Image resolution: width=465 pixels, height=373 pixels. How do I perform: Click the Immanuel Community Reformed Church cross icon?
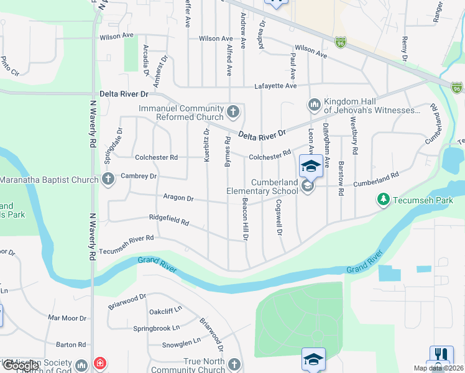[233, 112]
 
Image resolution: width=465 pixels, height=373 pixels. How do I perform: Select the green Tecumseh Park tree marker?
[384, 199]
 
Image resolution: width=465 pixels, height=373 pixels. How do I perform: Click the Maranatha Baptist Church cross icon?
[108, 180]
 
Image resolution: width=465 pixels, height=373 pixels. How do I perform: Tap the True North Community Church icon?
[234, 364]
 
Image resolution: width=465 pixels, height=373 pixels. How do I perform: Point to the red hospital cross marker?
[99, 364]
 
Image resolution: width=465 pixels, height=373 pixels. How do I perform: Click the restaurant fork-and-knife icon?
[439, 354]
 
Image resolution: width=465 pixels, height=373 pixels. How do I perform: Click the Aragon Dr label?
[178, 198]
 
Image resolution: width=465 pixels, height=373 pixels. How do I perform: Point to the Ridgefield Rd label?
[168, 218]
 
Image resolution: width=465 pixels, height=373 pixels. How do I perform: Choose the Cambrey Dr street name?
[139, 176]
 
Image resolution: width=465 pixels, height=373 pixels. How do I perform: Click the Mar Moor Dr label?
[67, 318]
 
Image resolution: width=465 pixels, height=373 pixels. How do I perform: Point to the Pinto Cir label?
[10, 65]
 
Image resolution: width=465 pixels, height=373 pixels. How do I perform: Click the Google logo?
[20, 366]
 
